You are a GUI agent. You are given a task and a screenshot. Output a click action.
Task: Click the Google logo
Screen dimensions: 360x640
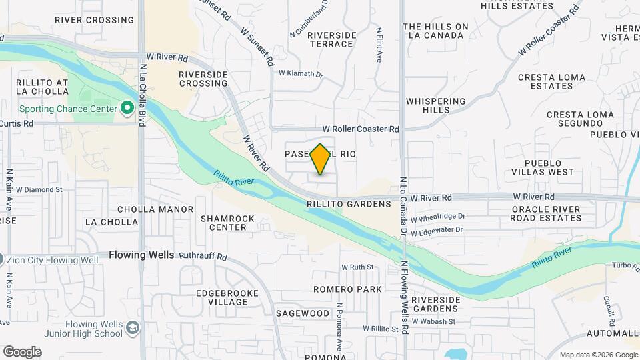[22, 352]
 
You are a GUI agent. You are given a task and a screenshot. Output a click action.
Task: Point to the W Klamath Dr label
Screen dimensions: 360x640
[300, 74]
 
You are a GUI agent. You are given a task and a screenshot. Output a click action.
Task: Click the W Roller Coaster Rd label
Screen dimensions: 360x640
[360, 129]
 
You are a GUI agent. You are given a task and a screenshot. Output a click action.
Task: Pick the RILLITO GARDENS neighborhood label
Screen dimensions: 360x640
[349, 204]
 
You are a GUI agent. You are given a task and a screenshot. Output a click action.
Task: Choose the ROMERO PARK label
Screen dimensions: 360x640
[349, 289]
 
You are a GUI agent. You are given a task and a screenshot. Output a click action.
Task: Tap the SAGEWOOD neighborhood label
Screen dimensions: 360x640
[302, 313]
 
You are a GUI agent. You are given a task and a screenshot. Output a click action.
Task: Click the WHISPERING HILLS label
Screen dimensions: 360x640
[436, 105]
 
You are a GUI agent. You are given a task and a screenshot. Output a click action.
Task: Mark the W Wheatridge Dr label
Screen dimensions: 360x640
[437, 217]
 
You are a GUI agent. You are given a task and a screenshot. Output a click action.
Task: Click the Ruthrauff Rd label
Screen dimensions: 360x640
[203, 256]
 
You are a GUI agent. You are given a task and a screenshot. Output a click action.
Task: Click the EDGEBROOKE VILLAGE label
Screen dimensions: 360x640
[223, 297]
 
